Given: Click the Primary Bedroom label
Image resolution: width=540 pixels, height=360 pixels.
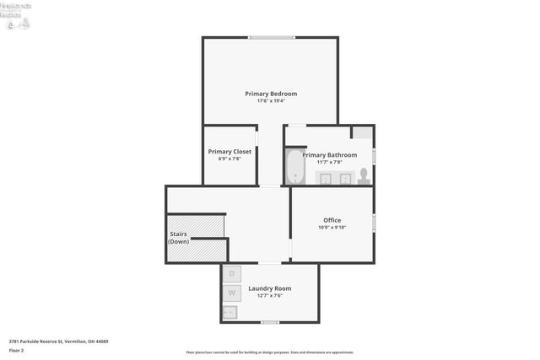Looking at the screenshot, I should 271,94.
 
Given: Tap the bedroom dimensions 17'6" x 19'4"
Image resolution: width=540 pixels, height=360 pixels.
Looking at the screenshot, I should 271,101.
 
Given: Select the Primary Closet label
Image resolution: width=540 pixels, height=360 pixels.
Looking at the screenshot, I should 229,152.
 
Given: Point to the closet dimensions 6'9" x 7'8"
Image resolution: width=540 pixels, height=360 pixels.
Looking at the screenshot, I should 229,159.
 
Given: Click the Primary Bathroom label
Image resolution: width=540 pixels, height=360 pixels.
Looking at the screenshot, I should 330,155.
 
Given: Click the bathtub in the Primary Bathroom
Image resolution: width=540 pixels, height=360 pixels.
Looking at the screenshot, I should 294,167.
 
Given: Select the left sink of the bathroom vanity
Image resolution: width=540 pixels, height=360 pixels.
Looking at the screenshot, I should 327,177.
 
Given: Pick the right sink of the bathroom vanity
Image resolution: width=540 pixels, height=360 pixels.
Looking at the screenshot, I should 345,177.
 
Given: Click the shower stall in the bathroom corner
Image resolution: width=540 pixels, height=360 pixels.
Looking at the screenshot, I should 362,133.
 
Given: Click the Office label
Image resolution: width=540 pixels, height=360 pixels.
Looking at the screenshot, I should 332,220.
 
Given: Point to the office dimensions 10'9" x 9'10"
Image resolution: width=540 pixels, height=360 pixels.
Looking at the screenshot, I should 332,227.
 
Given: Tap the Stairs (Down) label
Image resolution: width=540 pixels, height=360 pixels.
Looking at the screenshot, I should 178,238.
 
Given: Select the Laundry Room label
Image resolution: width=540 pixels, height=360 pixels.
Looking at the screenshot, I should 269,289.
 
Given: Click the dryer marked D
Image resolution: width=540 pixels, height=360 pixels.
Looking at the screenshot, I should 232,273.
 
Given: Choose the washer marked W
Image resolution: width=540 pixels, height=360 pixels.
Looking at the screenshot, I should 232,293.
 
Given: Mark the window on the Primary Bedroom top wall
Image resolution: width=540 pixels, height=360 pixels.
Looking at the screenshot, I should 271,37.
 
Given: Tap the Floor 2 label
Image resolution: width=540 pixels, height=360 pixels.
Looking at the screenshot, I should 16,350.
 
